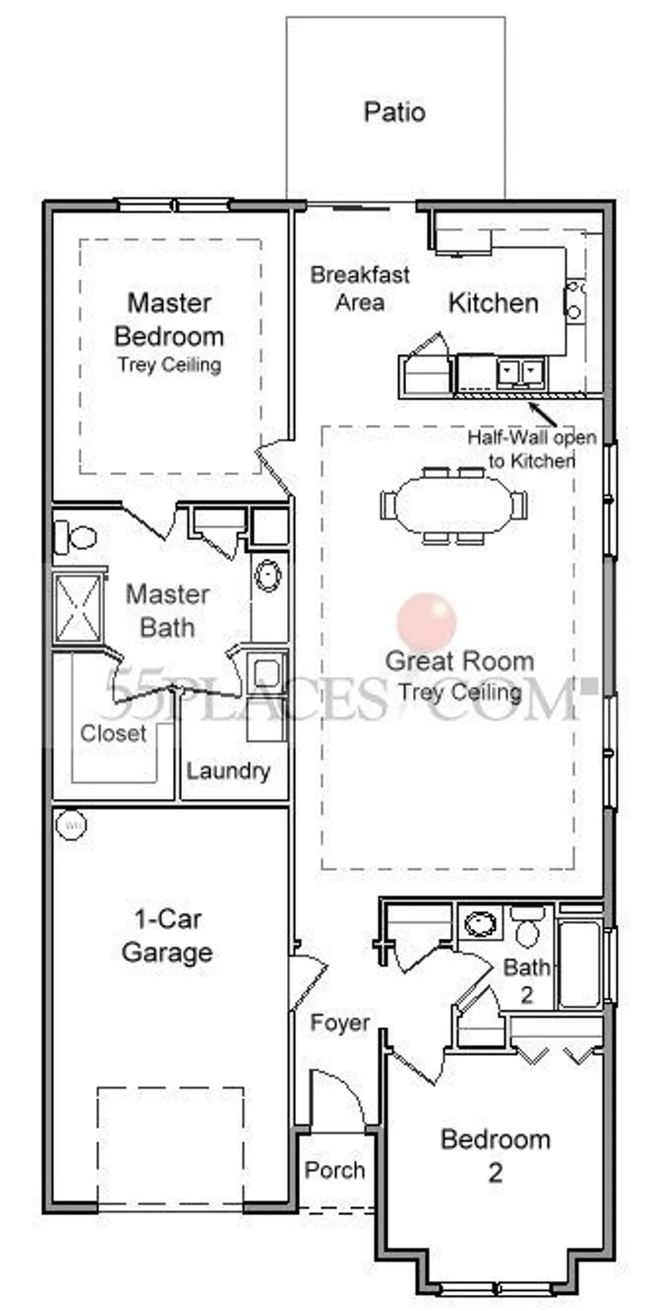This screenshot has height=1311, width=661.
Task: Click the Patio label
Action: point(394,111)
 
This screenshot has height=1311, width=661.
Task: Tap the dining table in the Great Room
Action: point(454,504)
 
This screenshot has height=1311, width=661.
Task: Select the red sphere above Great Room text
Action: point(427,621)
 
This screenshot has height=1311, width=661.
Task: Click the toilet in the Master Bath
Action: point(75,537)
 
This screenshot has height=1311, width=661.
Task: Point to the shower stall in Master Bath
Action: point(78,608)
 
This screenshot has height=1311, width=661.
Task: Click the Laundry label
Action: point(228,771)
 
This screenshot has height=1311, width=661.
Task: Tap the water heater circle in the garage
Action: point(71,825)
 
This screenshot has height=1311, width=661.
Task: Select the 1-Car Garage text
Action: point(167,936)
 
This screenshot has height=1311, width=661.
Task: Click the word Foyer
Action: point(340,1023)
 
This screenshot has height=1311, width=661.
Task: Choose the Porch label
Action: point(334,1170)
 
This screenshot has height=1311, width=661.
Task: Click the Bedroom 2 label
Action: point(496,1156)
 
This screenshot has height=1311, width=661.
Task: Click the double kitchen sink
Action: point(520,372)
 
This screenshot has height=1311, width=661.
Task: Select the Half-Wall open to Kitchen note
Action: point(532,449)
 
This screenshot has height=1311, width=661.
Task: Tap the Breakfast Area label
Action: point(360,288)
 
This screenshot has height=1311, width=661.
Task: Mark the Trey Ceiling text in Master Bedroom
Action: point(170,364)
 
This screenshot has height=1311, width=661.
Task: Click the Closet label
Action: point(114,734)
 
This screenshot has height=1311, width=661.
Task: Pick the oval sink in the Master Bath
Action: point(268,575)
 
